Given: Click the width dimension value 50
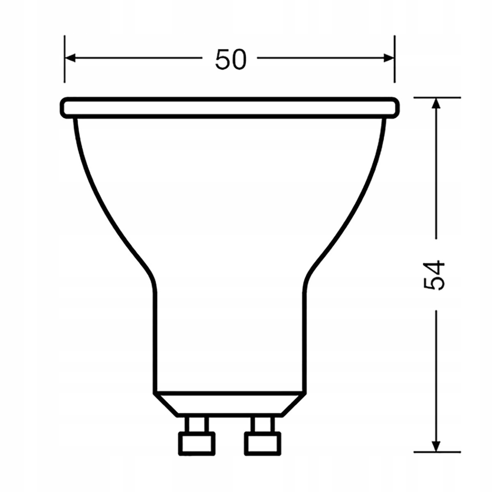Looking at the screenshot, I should pos(230,59).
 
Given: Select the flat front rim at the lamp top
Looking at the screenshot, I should pos(230,107).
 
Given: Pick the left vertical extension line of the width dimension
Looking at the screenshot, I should pos(64,59).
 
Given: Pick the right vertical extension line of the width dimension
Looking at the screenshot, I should pos(394,59).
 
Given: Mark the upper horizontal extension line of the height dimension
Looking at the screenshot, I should pos(436,98).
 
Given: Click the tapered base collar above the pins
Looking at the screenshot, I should pos(230,403).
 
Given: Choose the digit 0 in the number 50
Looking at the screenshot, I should pos(239,59).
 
